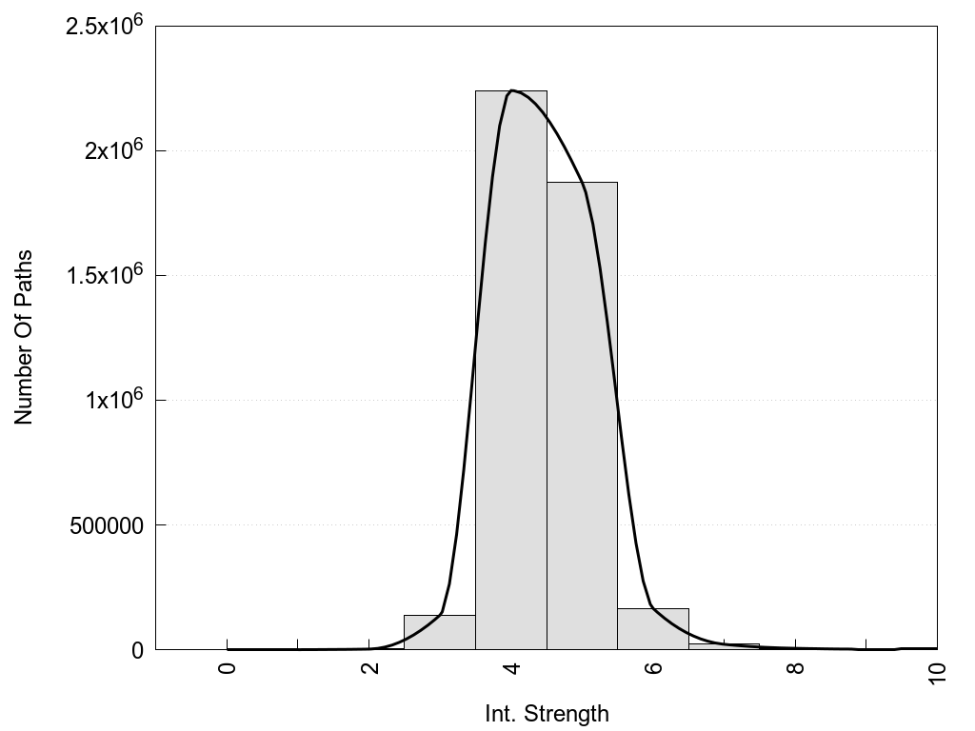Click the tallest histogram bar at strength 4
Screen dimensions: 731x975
point(510,371)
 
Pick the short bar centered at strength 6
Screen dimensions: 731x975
point(652,629)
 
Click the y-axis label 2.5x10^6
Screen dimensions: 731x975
point(104,25)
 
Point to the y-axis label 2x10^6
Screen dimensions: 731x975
point(111,149)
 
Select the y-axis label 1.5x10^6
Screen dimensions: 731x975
point(104,274)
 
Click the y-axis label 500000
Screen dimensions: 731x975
point(107,525)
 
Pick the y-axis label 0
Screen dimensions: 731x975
point(136,650)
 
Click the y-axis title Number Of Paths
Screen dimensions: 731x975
point(24,337)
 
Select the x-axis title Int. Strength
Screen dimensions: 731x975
point(547,713)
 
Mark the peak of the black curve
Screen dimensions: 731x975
point(512,90)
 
